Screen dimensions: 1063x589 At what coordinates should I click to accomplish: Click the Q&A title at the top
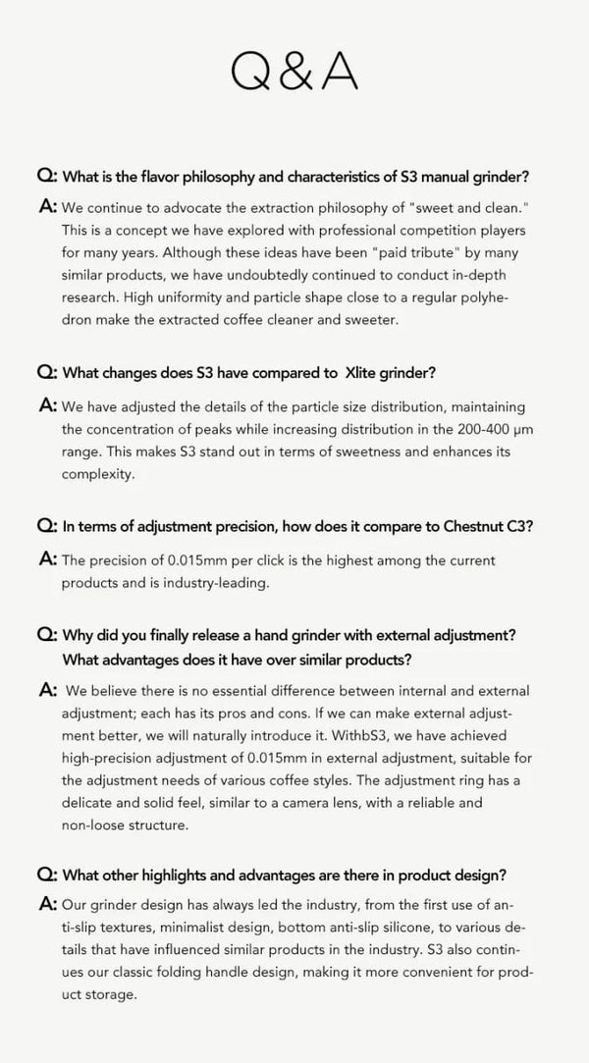coord(294,71)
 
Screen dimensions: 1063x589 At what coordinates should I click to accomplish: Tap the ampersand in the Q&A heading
coord(294,71)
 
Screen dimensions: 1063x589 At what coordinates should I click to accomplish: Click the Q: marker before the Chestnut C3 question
coord(46,527)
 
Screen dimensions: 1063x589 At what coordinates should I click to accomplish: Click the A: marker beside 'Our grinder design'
coord(46,903)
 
